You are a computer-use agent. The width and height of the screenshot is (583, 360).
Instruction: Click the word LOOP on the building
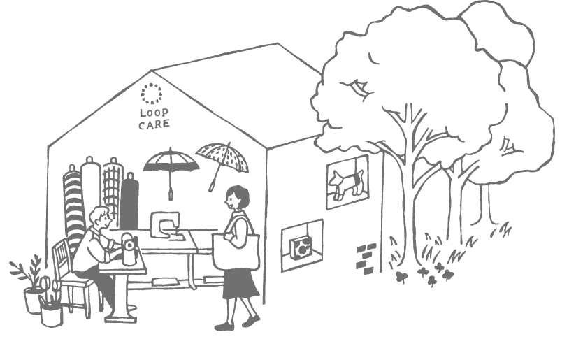(154, 113)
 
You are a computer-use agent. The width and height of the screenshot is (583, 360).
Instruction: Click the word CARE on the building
(154, 124)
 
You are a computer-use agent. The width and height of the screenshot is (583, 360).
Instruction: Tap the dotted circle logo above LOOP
(151, 94)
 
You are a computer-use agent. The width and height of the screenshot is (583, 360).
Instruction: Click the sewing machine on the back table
(166, 225)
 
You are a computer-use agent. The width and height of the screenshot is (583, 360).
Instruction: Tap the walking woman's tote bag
(236, 252)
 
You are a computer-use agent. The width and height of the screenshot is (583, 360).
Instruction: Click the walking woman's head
(237, 197)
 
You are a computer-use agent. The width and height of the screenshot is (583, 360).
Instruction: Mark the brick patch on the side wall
(366, 259)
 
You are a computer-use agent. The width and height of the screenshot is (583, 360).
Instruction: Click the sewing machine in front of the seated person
(129, 249)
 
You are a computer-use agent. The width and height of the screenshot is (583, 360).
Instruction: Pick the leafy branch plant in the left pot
(27, 271)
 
